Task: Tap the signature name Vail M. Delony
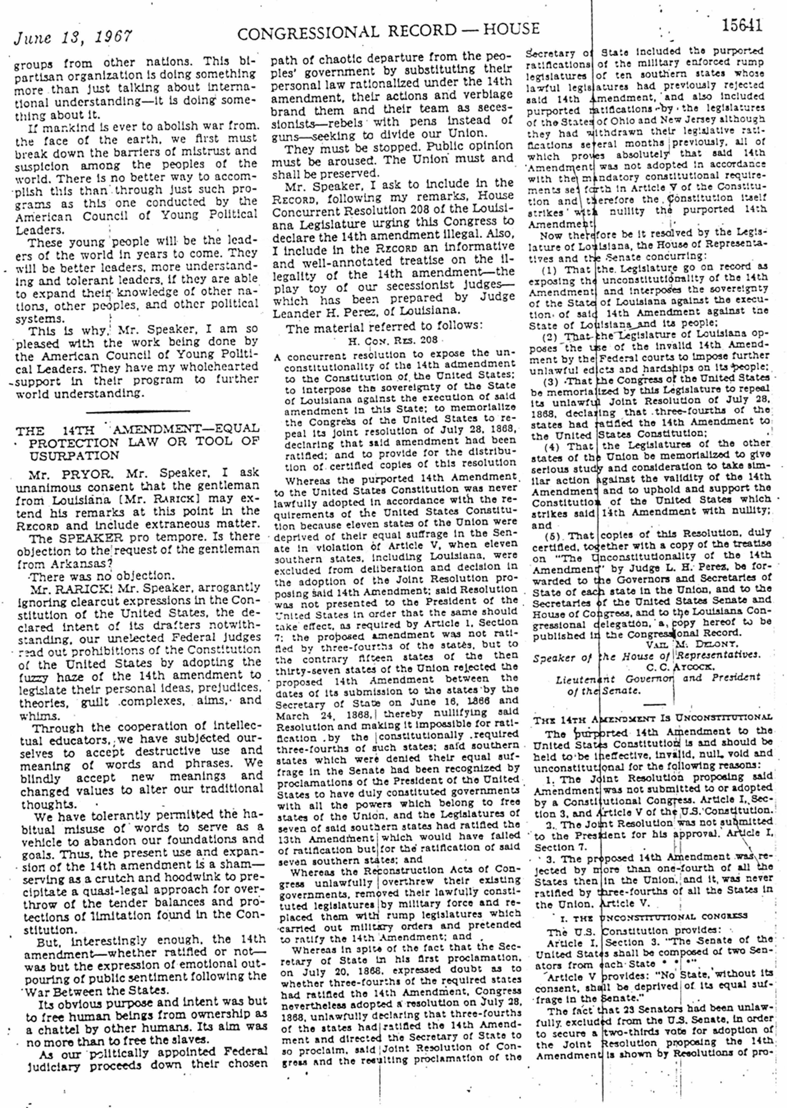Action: click(679, 645)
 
